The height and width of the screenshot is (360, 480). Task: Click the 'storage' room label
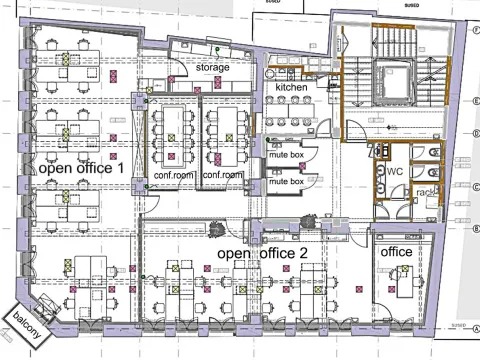tap(212, 68)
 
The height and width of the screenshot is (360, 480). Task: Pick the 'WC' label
tap(395, 172)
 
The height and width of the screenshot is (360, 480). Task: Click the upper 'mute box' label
tap(288, 154)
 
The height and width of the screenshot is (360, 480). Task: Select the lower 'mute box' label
tap(288, 182)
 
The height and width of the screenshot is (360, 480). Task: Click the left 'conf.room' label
tap(172, 176)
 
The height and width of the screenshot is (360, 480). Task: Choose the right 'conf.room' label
tap(223, 176)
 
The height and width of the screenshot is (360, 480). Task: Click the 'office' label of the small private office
tap(397, 252)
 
